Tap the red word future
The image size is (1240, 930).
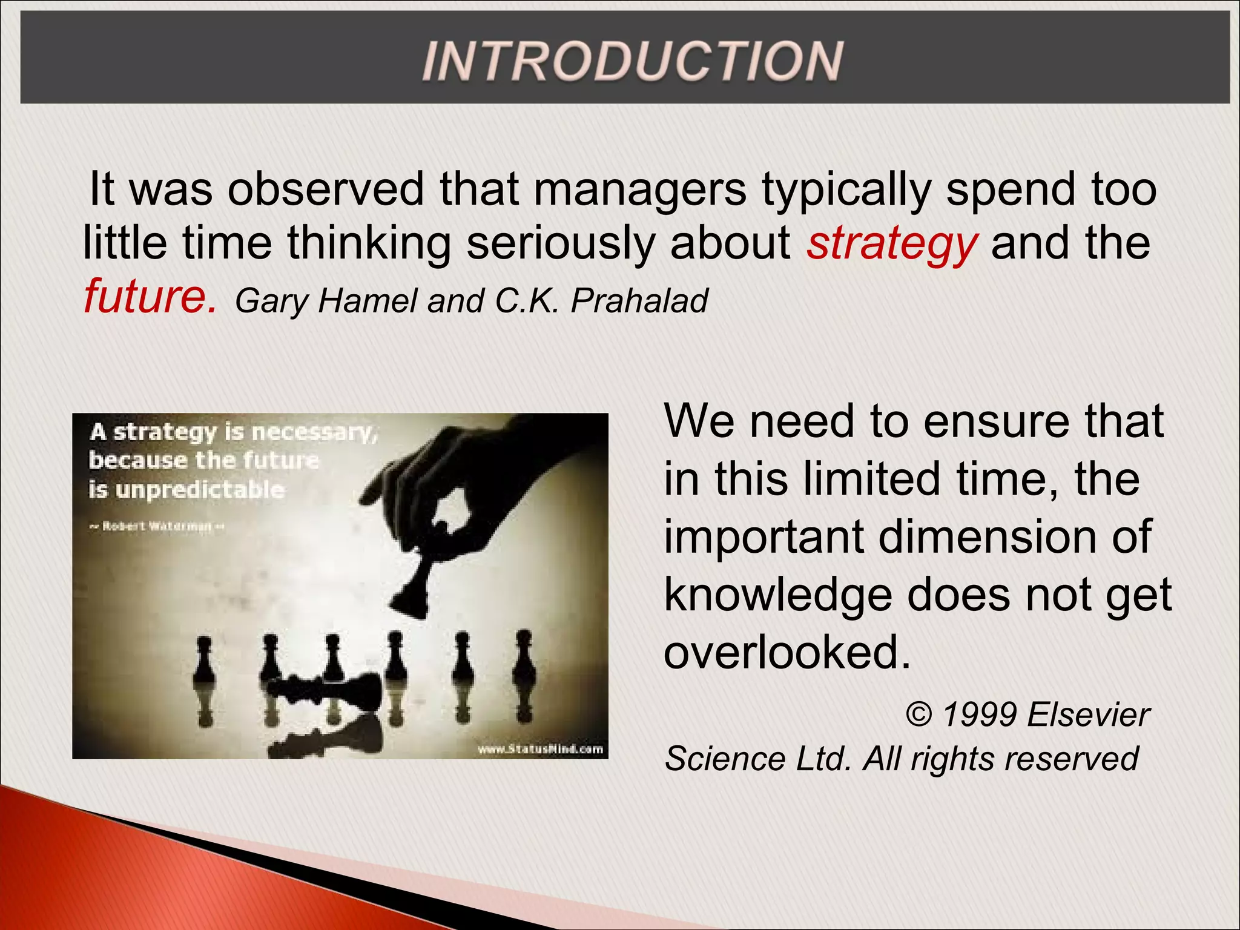click(x=149, y=297)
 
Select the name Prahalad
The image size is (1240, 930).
click(x=639, y=300)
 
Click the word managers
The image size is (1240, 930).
click(x=639, y=190)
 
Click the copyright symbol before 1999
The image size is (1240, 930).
click(x=919, y=714)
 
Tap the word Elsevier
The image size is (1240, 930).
click(x=1088, y=714)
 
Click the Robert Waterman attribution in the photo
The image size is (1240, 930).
click(x=157, y=526)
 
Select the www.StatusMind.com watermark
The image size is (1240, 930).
click(x=540, y=750)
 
